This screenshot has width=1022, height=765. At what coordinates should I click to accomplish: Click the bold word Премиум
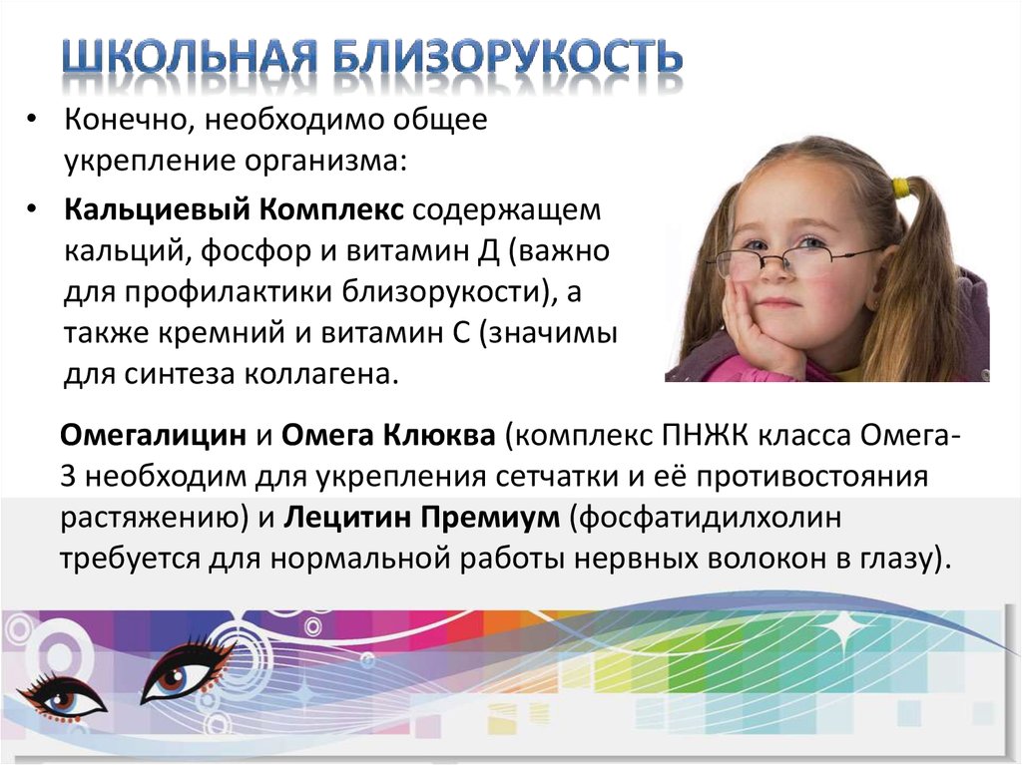[489, 519]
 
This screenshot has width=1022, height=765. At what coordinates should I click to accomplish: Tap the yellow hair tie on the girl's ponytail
[901, 187]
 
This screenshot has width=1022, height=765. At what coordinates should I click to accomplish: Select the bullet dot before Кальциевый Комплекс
[31, 210]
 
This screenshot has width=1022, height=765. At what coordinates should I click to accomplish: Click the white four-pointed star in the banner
[845, 627]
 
